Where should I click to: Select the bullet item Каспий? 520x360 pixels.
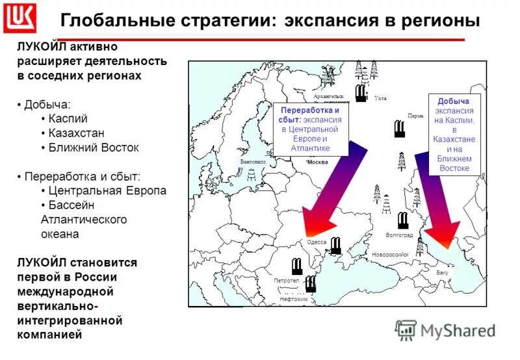point(68,119)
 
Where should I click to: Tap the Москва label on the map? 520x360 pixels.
point(317,162)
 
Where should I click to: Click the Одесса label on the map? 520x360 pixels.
point(316,242)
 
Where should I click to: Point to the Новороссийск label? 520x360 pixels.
point(390,255)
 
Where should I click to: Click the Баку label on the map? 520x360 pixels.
point(442,272)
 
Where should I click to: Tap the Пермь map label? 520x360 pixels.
point(415,116)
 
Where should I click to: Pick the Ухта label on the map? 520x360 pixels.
point(381,98)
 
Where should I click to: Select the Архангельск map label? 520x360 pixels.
point(328,96)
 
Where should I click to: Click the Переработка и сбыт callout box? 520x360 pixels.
point(310,129)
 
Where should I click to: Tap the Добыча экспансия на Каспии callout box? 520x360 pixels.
point(454,135)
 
